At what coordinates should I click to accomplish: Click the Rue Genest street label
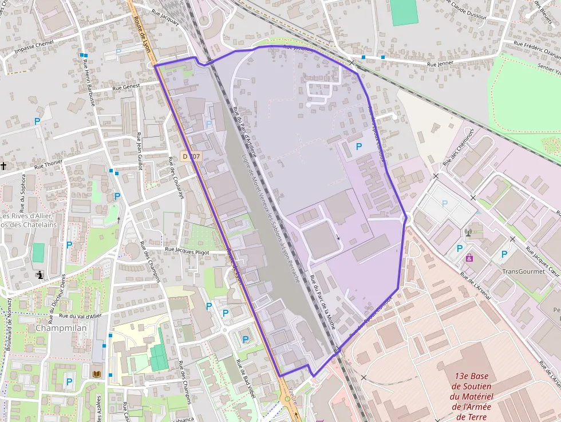(x=125, y=88)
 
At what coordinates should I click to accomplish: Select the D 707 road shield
(x=192, y=156)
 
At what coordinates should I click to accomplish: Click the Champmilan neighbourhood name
(x=61, y=329)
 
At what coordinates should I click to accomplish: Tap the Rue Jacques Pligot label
(x=187, y=250)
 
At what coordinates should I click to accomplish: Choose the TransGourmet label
(x=523, y=271)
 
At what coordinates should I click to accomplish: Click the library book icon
(x=97, y=374)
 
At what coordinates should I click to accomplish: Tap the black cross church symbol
(x=4, y=166)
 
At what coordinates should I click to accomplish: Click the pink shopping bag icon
(x=469, y=258)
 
